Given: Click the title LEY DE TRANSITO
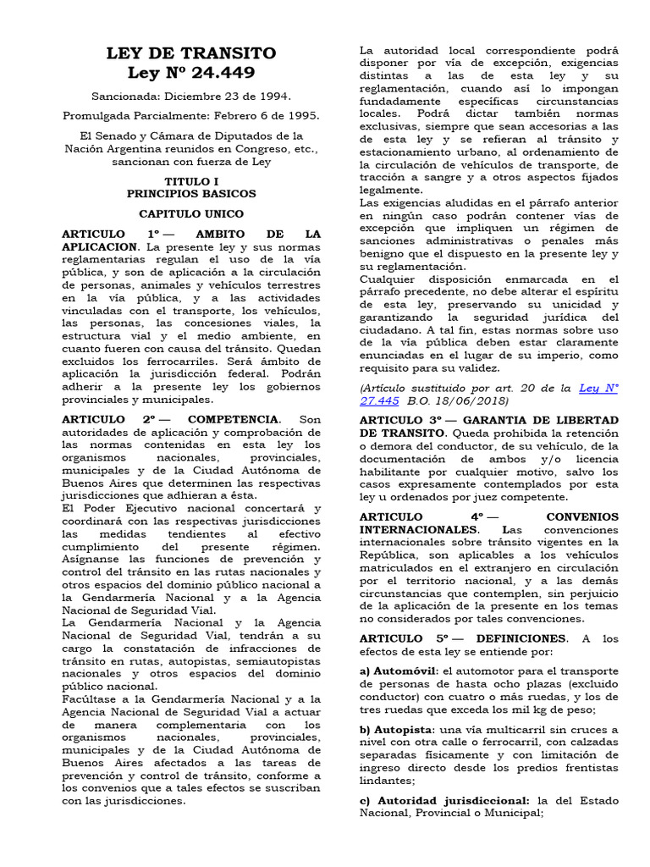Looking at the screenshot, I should (x=190, y=53).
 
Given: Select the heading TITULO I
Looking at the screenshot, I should (x=190, y=181).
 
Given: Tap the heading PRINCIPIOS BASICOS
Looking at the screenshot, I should (x=190, y=194).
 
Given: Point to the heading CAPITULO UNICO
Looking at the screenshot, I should (x=190, y=214).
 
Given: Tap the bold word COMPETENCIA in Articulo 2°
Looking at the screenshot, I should (x=233, y=419).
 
